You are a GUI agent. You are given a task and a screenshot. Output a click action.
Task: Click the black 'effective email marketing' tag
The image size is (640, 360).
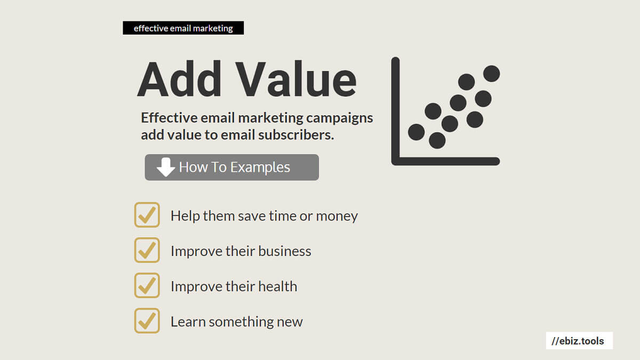183,28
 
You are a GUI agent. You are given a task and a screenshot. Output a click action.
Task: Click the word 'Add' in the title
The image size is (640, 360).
179,79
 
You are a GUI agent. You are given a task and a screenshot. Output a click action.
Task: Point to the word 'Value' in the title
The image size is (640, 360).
297,79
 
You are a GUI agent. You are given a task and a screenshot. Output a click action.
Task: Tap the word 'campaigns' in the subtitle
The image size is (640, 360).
339,118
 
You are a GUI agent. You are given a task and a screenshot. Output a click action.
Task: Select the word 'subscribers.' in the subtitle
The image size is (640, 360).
296,135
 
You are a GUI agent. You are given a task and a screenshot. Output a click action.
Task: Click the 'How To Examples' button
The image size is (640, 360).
231,167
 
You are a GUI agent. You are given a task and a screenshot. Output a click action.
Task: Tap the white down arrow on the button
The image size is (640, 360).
166,167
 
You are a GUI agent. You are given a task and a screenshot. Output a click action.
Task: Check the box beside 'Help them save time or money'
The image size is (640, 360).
147,215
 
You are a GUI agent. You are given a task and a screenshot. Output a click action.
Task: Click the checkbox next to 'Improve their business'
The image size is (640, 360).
147,250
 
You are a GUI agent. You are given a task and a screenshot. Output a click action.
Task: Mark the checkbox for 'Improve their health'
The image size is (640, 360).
147,285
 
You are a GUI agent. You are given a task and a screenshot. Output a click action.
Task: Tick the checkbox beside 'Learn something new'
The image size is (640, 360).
147,321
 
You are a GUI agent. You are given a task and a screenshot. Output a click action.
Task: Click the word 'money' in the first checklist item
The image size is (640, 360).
337,217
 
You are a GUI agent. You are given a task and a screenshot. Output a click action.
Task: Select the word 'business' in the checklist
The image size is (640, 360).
285,251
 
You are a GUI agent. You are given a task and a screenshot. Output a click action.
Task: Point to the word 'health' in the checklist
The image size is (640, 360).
277,286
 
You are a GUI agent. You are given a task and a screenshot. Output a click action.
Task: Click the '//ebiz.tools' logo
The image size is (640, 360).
579,341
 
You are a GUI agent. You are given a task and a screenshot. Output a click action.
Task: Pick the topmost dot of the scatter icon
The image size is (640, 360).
491,74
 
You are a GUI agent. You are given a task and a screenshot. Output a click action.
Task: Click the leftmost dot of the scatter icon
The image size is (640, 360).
417,132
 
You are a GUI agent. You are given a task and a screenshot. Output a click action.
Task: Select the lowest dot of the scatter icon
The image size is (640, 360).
437,140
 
